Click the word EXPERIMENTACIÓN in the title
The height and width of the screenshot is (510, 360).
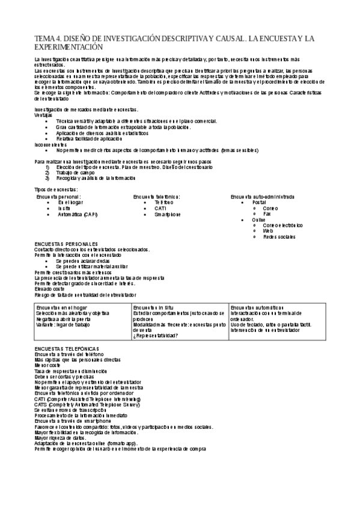coord(69,46)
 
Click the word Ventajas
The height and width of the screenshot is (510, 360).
coord(43,114)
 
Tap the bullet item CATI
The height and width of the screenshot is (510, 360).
coord(160,209)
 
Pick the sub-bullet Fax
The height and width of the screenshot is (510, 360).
coord(267,214)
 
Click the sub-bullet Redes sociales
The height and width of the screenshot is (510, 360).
coord(279,236)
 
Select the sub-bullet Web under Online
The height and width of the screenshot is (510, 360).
coord(267,230)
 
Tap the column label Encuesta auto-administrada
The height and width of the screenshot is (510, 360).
coord(262,197)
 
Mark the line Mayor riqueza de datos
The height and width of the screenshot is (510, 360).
coord(60,438)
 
